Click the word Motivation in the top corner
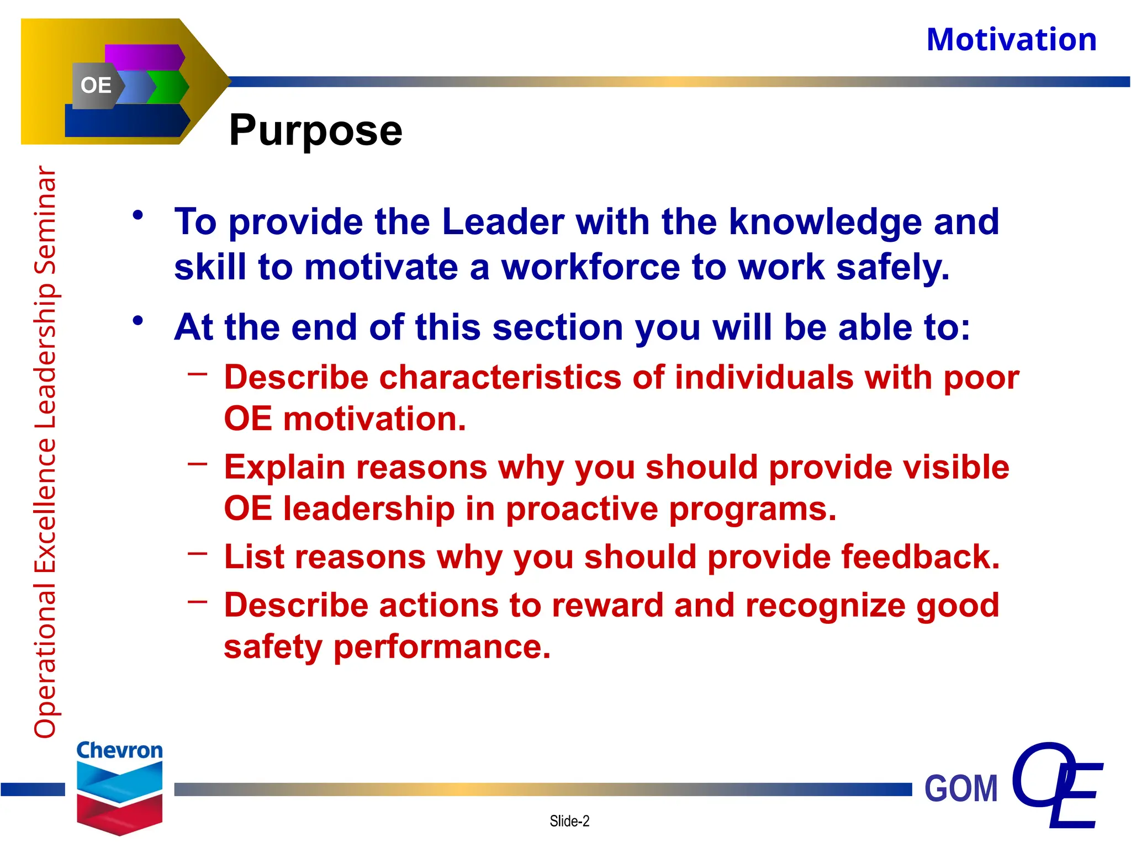coord(1011,40)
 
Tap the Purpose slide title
coord(315,130)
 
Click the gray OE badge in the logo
coord(96,86)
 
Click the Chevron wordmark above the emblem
coord(119,750)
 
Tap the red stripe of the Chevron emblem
coord(119,812)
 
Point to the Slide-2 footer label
coord(569,821)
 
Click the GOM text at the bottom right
coord(961,788)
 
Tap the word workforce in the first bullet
coord(590,268)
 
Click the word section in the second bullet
coord(558,327)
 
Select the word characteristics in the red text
coord(500,378)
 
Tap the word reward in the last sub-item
coord(607,605)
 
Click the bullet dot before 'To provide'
coord(138,215)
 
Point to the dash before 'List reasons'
coord(197,553)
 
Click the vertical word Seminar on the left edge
coord(45,221)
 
